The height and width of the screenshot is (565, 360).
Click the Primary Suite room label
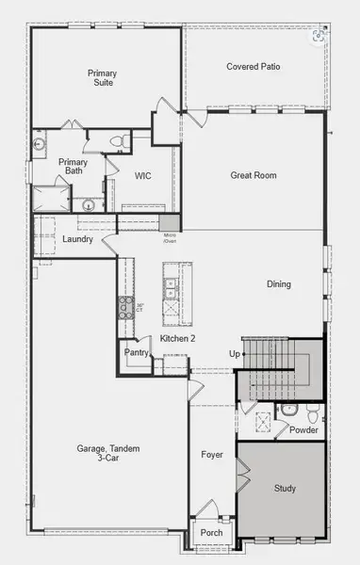click(x=103, y=78)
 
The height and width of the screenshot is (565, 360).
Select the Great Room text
click(x=253, y=175)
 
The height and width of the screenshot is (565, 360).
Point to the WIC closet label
click(x=143, y=175)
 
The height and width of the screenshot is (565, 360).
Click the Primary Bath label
click(x=73, y=167)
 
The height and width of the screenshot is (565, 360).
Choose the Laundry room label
click(x=77, y=239)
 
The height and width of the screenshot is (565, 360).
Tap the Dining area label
click(x=278, y=284)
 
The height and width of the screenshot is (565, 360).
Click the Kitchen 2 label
click(x=177, y=338)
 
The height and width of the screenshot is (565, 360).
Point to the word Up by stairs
click(x=235, y=353)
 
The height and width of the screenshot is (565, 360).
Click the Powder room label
click(x=303, y=430)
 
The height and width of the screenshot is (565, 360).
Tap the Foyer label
click(x=212, y=455)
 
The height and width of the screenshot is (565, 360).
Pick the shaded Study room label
click(x=286, y=489)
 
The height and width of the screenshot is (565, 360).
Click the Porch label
click(x=212, y=533)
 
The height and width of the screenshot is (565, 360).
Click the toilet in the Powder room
click(x=290, y=411)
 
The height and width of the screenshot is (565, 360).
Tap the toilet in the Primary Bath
click(x=118, y=141)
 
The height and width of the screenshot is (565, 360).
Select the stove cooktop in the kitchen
click(x=124, y=305)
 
